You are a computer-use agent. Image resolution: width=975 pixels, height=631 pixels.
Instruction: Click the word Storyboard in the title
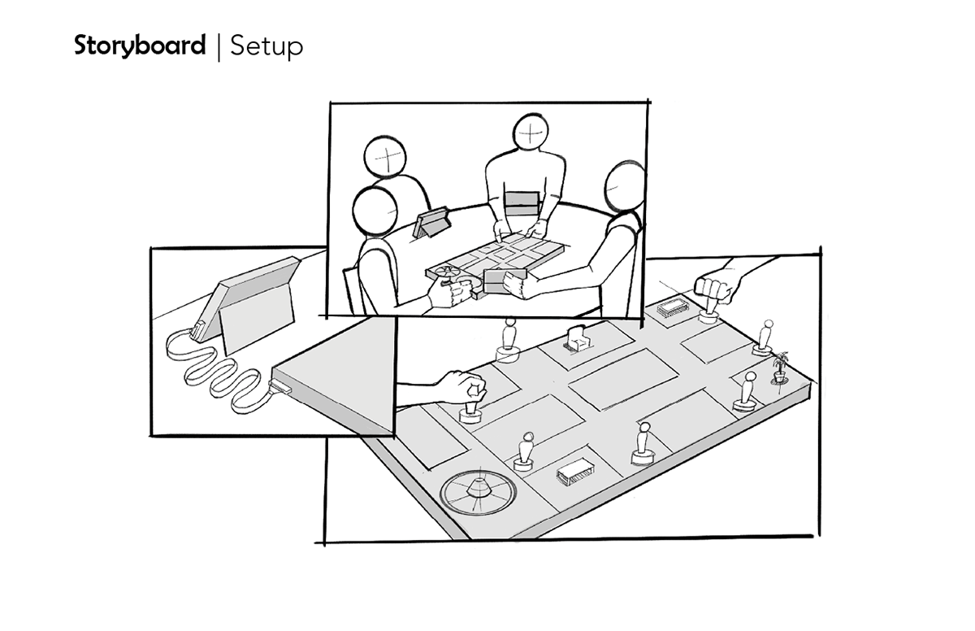(139, 46)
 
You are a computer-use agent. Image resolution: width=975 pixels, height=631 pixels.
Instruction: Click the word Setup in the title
(266, 46)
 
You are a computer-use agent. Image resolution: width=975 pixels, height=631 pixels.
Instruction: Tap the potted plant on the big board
(781, 367)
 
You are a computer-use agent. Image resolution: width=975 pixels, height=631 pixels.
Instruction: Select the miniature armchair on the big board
(578, 337)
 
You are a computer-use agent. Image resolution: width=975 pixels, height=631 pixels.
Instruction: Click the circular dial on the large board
(474, 490)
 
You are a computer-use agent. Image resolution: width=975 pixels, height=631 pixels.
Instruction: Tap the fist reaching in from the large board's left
(461, 385)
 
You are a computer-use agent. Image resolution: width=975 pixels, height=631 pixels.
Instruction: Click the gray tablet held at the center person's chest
(521, 202)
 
